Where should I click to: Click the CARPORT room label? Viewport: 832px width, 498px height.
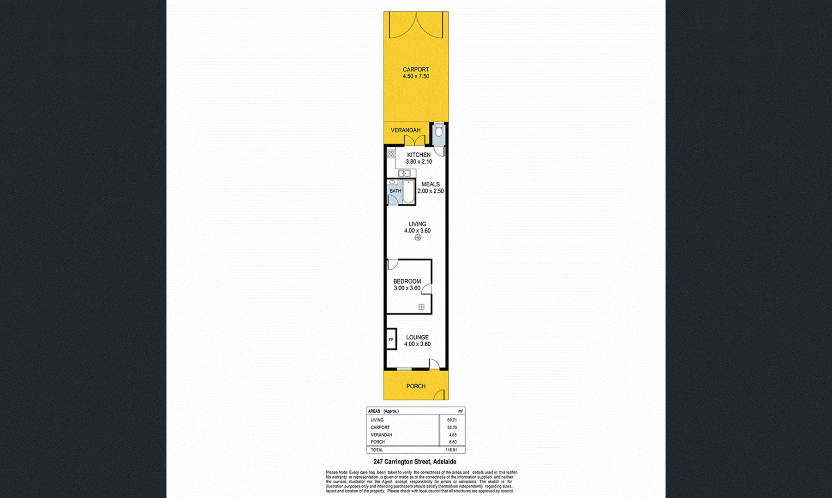pos(415,70)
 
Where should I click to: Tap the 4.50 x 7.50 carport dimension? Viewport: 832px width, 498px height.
pos(415,77)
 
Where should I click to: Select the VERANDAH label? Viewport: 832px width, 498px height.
pos(405,130)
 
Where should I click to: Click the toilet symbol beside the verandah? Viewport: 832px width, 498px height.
pos(439,131)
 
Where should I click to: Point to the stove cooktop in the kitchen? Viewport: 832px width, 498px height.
pos(391,154)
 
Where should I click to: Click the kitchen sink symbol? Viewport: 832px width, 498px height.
pos(404,173)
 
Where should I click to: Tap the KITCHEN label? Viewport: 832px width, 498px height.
pos(419,155)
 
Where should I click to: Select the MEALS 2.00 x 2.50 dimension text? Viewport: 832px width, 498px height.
pos(431,191)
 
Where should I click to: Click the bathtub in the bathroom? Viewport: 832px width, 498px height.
pos(408,192)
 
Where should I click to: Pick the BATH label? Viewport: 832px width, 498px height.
pos(395,191)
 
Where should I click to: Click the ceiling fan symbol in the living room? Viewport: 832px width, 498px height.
pos(418,237)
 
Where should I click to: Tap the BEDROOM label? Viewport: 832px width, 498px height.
pos(407,281)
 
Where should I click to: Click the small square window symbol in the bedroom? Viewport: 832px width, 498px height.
pos(421,307)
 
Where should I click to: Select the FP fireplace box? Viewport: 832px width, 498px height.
pos(391,340)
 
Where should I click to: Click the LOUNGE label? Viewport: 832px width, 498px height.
pos(417,338)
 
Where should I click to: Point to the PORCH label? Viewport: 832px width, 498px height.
pos(415,386)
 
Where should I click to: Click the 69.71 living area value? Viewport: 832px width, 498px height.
pos(451,420)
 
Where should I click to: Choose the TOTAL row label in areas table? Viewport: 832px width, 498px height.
pos(377,450)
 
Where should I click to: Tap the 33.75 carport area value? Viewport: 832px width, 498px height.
pos(451,427)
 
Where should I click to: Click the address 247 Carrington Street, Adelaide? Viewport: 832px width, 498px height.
pos(414,462)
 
